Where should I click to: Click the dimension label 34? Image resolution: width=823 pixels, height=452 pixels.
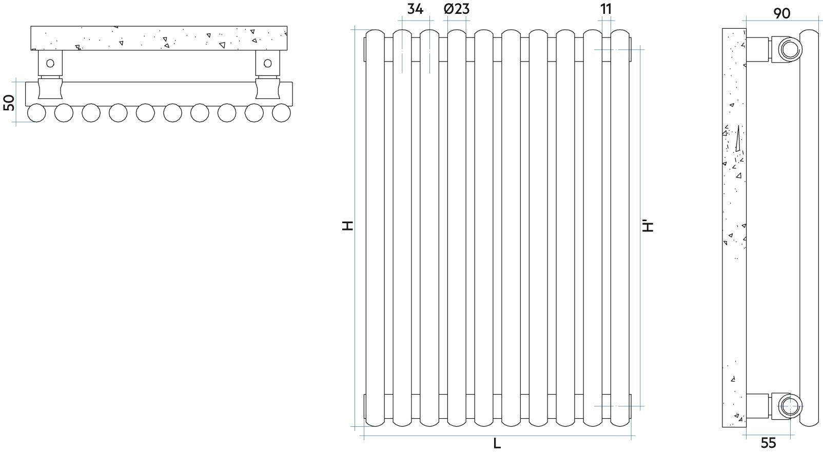[x=415, y=9]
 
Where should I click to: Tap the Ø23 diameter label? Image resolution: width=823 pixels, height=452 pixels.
[x=457, y=9]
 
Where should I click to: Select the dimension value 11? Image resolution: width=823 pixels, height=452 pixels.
[x=606, y=9]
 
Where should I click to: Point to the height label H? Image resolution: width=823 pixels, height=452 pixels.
[x=347, y=226]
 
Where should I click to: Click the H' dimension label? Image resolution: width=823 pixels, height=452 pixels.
[x=648, y=226]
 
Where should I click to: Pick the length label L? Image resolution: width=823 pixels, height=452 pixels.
[x=497, y=444]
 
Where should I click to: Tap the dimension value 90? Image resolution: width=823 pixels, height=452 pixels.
[x=782, y=14]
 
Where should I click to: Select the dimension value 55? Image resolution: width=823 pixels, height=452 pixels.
[x=768, y=443]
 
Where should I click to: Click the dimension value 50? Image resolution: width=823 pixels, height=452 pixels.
[x=9, y=103]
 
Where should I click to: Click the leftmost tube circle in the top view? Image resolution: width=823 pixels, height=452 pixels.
[x=36, y=113]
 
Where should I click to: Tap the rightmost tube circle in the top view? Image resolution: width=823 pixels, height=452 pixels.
[x=282, y=113]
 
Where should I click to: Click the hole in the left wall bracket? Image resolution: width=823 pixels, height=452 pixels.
[x=50, y=63]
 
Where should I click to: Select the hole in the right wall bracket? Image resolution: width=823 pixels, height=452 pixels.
[x=268, y=63]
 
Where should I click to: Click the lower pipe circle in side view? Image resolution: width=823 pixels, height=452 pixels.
[x=790, y=406]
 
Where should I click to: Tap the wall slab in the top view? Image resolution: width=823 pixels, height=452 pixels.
[x=159, y=38]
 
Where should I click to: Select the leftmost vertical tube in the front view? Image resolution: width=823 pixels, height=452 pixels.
[x=375, y=228]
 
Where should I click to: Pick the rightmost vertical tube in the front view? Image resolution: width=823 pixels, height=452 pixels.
[x=620, y=228]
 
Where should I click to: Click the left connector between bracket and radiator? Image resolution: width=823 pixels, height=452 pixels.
[x=50, y=89]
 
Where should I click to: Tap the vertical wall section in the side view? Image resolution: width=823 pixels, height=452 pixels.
[x=734, y=228]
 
